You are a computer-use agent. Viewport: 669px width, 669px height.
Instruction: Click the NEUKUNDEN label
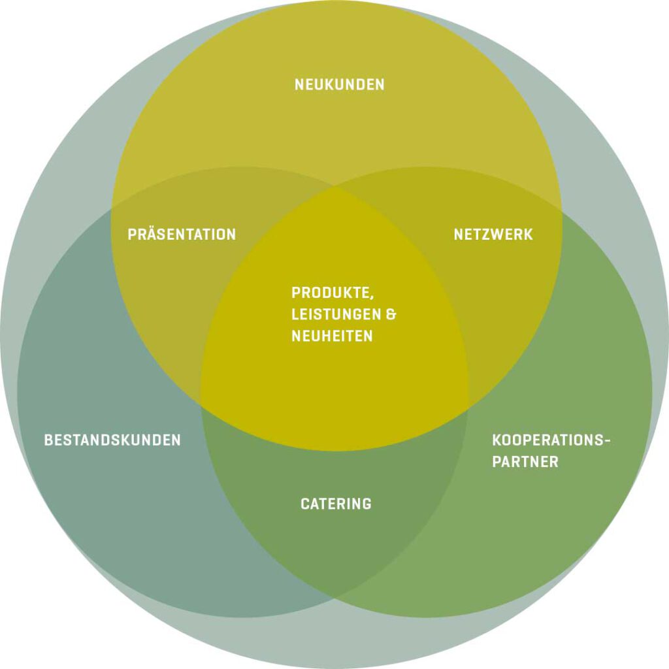pyautogui.click(x=339, y=84)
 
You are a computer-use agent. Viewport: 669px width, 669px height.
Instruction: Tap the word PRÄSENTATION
pyautogui.click(x=182, y=234)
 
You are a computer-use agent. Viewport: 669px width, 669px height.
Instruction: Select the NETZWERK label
pyautogui.click(x=493, y=234)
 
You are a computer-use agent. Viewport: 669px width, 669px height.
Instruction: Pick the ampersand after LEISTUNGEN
pyautogui.click(x=391, y=314)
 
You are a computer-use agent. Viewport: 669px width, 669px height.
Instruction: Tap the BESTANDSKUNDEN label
pyautogui.click(x=112, y=440)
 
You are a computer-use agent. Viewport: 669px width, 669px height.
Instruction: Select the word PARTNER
pyautogui.click(x=525, y=462)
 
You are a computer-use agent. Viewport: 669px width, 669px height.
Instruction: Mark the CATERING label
pyautogui.click(x=336, y=504)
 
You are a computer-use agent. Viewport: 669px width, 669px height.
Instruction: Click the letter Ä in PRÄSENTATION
pyautogui.click(x=150, y=233)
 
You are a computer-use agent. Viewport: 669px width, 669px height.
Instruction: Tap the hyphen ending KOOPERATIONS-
pyautogui.click(x=607, y=440)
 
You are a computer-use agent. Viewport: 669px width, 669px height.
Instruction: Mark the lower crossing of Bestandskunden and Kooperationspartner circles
pyautogui.click(x=335, y=598)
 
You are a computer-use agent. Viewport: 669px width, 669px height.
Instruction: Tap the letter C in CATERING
pyautogui.click(x=305, y=504)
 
